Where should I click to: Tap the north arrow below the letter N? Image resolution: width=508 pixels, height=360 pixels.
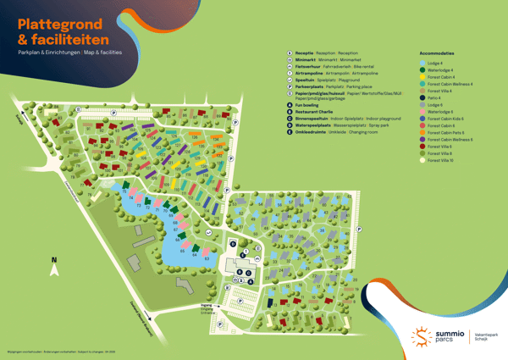54,270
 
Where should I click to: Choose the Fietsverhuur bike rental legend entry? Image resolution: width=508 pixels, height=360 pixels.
312,67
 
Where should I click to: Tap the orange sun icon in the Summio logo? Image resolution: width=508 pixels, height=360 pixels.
422,335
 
